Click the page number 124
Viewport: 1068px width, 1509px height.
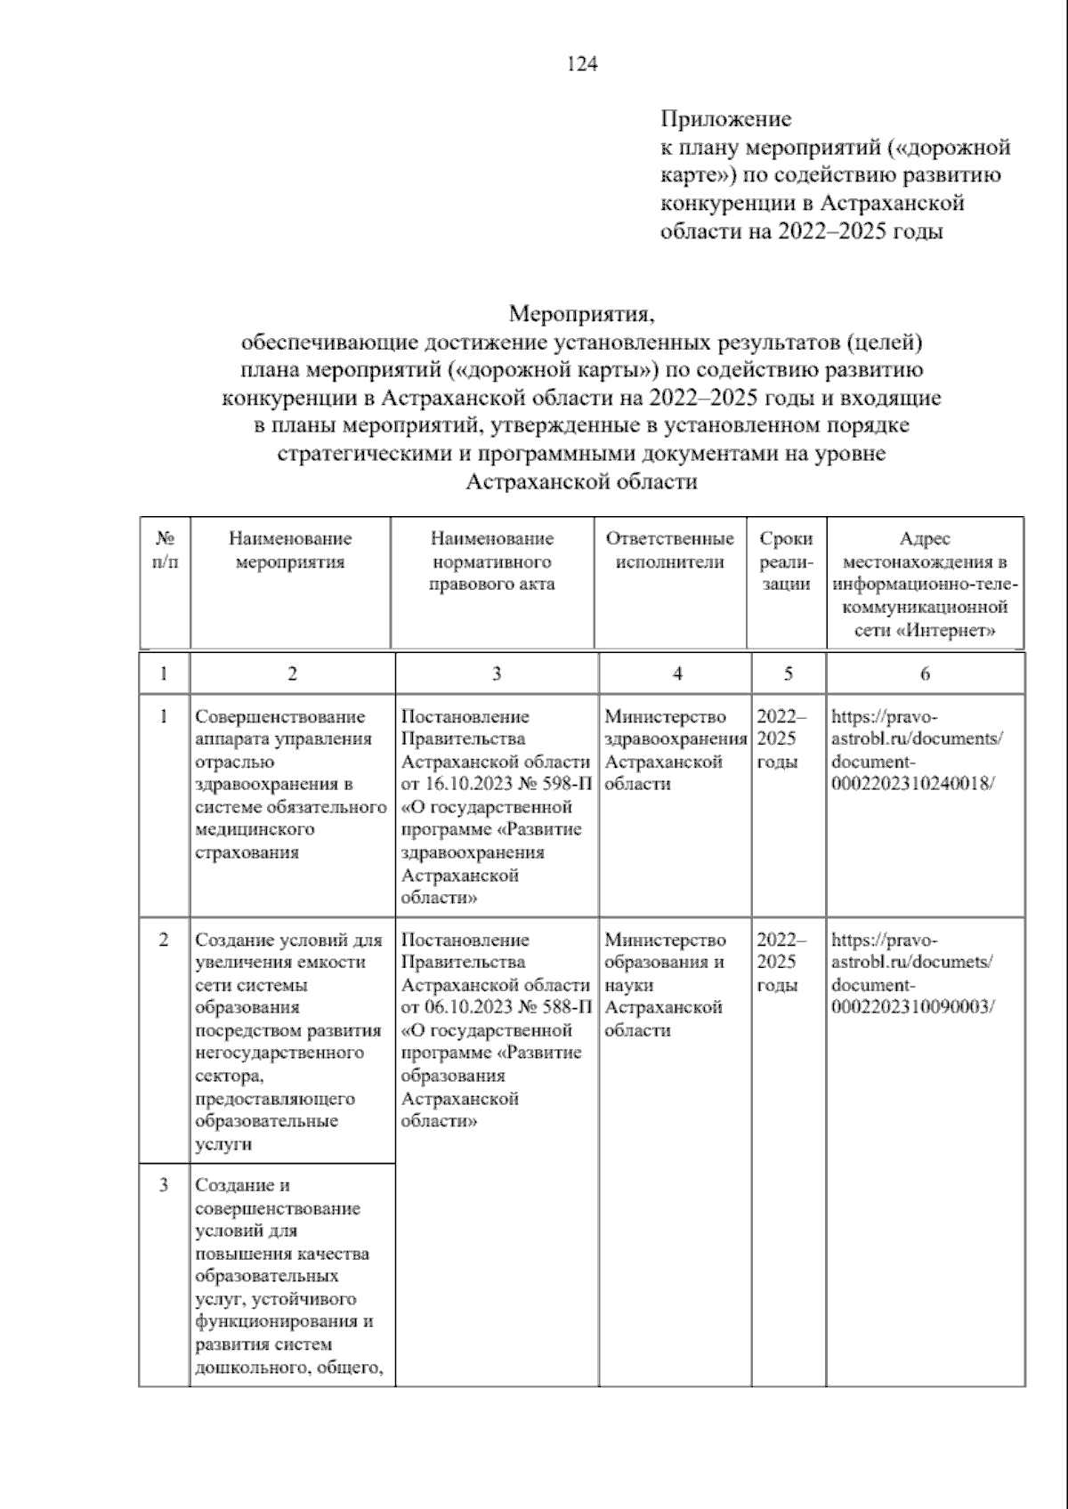[582, 64]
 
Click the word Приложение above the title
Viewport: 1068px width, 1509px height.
[725, 118]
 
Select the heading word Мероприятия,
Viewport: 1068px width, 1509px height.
[582, 314]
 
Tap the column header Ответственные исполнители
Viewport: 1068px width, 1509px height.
[670, 550]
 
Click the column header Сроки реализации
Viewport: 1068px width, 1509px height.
[787, 561]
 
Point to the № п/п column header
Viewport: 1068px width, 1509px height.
[165, 550]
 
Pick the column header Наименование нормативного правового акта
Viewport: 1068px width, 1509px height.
[492, 561]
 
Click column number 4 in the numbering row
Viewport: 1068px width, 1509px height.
[676, 674]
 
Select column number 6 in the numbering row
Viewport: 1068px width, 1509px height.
[925, 674]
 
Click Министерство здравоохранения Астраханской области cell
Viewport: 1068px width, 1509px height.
[674, 750]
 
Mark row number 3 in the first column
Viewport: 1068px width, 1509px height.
[164, 1185]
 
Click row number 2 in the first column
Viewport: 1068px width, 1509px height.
[164, 940]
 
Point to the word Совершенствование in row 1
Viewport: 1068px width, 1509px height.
[280, 717]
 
